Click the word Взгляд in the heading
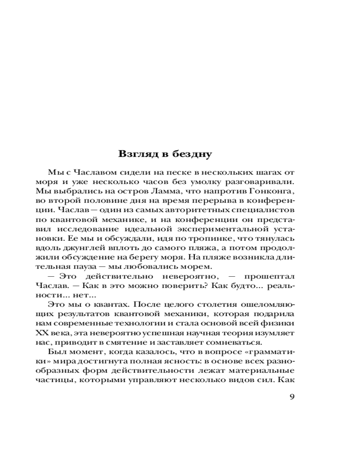click(138, 154)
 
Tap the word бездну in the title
click(191, 154)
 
